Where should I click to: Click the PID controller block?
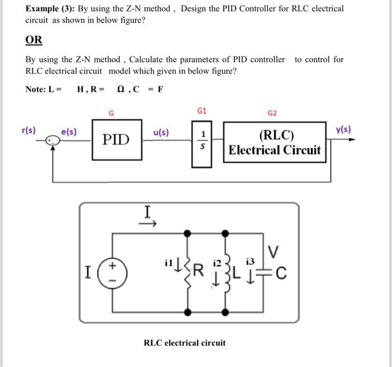(116, 139)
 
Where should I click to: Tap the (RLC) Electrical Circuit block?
(275, 143)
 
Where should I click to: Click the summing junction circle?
(53, 142)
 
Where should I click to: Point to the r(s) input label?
(28, 130)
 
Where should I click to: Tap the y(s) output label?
(343, 129)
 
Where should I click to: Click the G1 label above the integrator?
(202, 111)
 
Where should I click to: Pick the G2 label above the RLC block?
(272, 113)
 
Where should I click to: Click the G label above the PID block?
(111, 113)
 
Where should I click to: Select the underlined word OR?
(34, 40)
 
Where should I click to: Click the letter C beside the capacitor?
(281, 274)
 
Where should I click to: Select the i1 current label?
(169, 262)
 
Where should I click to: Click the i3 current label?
(250, 261)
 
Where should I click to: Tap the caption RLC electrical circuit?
(185, 342)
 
